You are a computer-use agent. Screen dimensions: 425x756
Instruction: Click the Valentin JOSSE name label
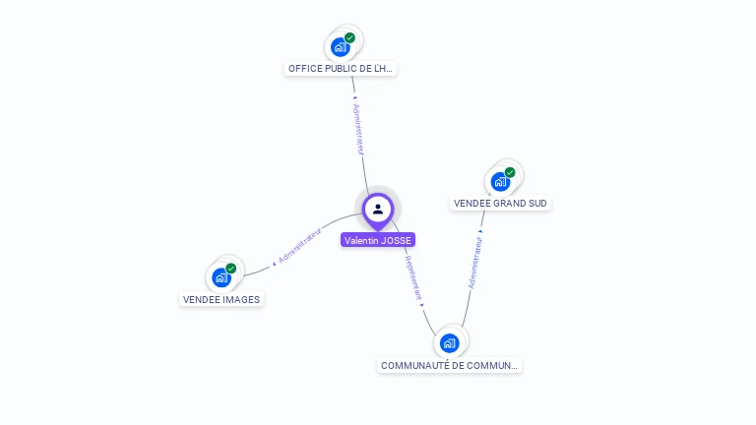(378, 240)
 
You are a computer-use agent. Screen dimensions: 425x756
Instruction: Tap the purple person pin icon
(378, 210)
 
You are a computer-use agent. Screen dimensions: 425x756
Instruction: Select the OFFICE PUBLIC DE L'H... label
(341, 69)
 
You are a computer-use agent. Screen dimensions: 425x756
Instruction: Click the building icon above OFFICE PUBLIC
(340, 46)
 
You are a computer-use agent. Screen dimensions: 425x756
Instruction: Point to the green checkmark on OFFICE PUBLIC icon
(349, 38)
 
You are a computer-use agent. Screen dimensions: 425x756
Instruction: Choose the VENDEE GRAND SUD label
(500, 204)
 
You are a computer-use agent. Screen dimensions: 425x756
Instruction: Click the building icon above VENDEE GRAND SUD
(500, 181)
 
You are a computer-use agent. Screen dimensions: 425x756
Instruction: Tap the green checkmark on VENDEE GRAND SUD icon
(510, 172)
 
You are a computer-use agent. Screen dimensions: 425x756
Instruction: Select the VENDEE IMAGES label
(221, 299)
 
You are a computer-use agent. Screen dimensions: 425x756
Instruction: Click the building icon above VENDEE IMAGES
(221, 277)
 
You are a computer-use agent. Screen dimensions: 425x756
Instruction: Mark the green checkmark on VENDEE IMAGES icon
(231, 269)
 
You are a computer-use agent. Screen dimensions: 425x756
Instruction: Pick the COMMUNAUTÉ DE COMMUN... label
(449, 366)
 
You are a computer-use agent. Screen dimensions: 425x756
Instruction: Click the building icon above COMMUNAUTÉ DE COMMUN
(450, 342)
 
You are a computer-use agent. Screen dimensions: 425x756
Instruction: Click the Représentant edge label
(414, 278)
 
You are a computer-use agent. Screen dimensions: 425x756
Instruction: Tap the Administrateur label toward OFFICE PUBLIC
(359, 129)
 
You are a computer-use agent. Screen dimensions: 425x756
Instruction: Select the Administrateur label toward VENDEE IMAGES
(299, 246)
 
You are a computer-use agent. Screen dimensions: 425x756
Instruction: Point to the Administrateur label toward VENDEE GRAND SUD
(475, 263)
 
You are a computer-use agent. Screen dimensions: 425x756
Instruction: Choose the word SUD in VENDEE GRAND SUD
(536, 204)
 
